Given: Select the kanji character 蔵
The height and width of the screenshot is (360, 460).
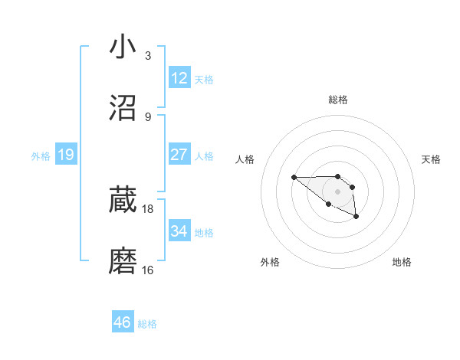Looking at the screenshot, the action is (x=123, y=200).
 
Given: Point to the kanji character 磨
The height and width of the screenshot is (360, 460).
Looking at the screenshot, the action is (x=123, y=261).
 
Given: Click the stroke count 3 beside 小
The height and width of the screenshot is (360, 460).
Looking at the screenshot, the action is (x=148, y=56).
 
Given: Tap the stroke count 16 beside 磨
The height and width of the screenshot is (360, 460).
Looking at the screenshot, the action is (x=148, y=270).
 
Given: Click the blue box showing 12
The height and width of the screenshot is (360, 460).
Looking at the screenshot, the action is (x=179, y=77).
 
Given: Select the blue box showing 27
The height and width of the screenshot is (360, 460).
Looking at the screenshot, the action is (x=179, y=154).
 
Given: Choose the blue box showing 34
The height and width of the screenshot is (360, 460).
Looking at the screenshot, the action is (x=179, y=231).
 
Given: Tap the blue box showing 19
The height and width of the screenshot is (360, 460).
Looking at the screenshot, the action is (x=66, y=155).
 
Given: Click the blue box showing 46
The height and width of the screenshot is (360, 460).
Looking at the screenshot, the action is (x=123, y=322).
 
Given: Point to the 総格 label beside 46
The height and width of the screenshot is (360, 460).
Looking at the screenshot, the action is (x=147, y=324).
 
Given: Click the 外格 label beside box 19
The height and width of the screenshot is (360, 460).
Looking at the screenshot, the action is (x=41, y=156).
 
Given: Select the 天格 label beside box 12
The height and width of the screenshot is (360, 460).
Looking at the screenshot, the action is (x=203, y=80).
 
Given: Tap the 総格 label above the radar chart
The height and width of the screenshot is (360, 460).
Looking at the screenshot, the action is (x=338, y=100).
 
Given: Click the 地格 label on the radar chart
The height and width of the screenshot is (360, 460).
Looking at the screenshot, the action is (x=402, y=262).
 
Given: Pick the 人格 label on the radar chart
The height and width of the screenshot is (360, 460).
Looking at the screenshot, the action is (x=245, y=159).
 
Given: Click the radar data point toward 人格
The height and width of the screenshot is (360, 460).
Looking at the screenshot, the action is (x=294, y=177).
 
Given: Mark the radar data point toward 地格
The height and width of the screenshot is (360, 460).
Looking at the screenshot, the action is (x=356, y=218).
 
